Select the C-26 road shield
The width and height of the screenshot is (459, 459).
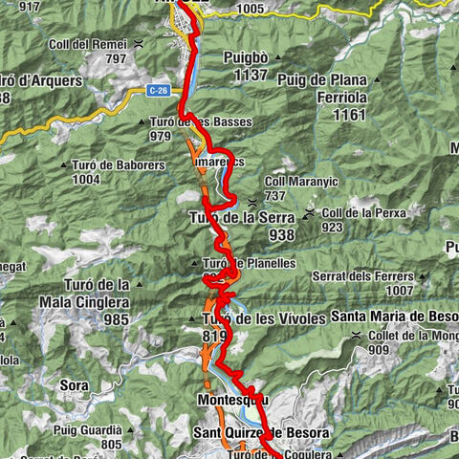[160, 90]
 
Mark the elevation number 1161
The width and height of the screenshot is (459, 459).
[351, 114]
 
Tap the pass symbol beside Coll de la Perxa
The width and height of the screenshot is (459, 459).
[311, 212]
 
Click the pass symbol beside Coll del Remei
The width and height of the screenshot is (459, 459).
[141, 43]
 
